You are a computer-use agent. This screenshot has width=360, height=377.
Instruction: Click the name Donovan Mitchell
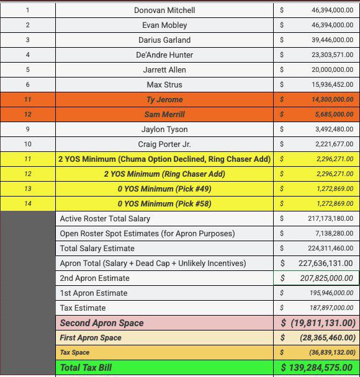click(164, 10)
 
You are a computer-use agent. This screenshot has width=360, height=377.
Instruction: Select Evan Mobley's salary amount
click(332, 25)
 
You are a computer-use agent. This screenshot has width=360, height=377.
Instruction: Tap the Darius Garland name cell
click(164, 40)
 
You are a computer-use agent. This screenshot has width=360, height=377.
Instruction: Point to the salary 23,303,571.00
click(332, 55)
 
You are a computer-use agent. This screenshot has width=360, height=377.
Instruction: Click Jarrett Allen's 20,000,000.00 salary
click(332, 69)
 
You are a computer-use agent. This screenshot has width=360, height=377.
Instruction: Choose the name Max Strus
click(164, 84)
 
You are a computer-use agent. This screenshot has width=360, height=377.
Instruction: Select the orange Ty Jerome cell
click(164, 99)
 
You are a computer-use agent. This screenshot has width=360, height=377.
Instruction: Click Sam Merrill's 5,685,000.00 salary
click(332, 114)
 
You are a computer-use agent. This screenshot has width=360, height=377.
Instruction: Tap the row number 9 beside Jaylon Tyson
click(27, 129)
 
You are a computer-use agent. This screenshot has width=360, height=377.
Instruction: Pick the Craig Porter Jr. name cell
click(164, 144)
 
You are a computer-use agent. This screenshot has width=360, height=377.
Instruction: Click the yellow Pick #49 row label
click(164, 188)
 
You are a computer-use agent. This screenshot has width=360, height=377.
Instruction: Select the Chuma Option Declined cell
click(164, 159)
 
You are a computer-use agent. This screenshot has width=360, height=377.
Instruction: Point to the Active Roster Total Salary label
click(105, 218)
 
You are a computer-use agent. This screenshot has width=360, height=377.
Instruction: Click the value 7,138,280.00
click(332, 233)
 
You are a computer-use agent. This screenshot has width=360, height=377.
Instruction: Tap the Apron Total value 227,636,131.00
click(325, 263)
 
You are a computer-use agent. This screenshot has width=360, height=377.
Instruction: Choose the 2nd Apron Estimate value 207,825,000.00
click(325, 278)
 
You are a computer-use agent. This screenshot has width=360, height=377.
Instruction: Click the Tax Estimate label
click(83, 308)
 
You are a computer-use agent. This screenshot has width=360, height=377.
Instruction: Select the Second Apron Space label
click(102, 322)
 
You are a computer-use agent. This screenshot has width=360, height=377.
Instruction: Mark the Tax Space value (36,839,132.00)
click(331, 352)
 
